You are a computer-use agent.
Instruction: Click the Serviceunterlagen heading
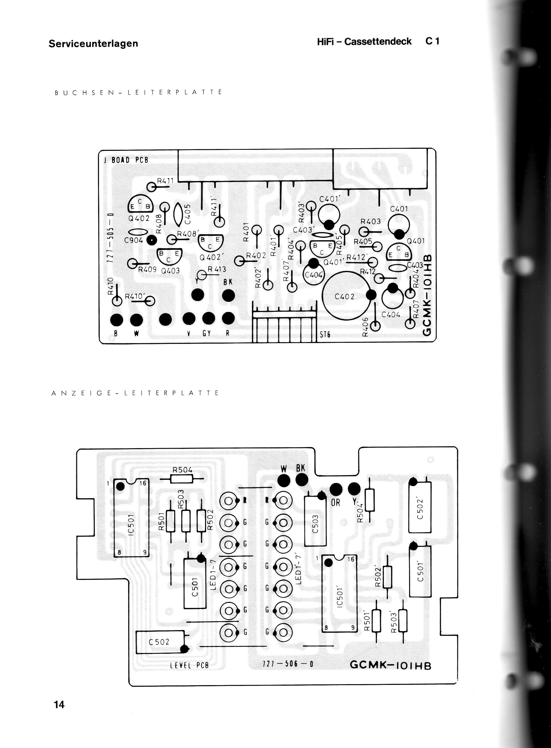point(93,44)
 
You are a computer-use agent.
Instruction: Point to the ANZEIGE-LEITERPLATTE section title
point(135,393)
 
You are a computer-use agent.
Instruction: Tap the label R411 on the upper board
point(166,181)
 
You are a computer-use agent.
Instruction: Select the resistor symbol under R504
point(182,480)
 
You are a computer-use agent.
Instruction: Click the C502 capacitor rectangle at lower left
point(161,642)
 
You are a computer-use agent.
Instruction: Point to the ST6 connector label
point(325,334)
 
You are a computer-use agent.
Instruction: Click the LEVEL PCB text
point(189,665)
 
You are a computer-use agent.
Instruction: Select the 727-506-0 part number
point(288,664)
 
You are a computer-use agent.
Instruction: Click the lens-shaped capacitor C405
point(178,214)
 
